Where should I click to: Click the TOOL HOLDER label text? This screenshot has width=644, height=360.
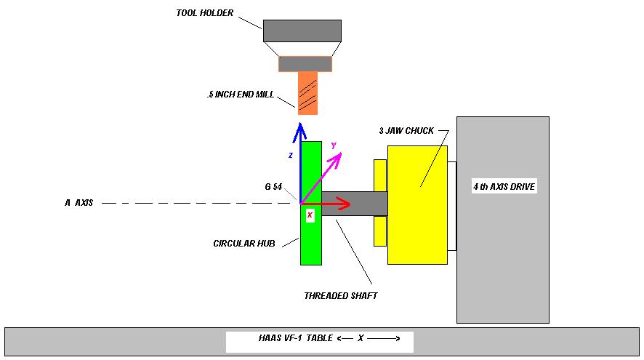click(x=204, y=12)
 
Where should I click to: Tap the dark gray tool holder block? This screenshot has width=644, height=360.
click(x=302, y=31)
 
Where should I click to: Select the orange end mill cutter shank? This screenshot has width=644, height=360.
click(x=307, y=92)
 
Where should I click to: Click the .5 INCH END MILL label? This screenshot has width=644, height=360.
click(x=240, y=94)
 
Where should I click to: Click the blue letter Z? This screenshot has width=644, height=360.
click(x=290, y=156)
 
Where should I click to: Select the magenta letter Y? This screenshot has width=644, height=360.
click(x=334, y=145)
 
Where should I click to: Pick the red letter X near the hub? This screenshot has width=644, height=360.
click(x=310, y=215)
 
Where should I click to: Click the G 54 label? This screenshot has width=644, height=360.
click(x=273, y=187)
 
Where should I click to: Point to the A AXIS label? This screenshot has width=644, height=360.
click(x=79, y=203)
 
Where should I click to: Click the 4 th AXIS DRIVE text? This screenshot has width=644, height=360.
click(x=504, y=187)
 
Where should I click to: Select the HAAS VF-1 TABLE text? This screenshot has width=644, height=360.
click(x=296, y=338)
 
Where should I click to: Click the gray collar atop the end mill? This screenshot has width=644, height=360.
click(x=305, y=64)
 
